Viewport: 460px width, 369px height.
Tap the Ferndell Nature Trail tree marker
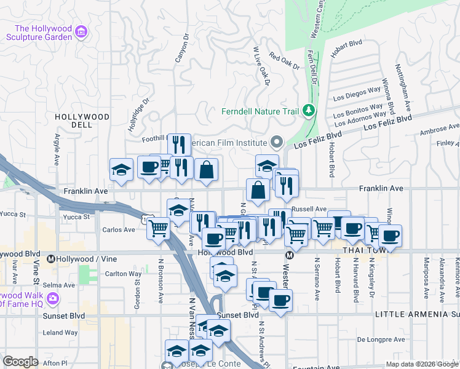click(x=309, y=111)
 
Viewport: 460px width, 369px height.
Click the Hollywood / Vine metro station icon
click(x=51, y=260)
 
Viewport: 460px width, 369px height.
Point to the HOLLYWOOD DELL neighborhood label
click(x=82, y=120)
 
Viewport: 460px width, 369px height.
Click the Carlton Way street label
click(x=123, y=274)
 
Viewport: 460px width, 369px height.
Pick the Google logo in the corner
click(x=20, y=361)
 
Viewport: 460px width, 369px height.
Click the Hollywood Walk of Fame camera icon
click(x=52, y=298)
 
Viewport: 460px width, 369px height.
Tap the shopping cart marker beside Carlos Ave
click(x=159, y=228)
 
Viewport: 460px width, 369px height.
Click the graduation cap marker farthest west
click(x=121, y=170)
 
